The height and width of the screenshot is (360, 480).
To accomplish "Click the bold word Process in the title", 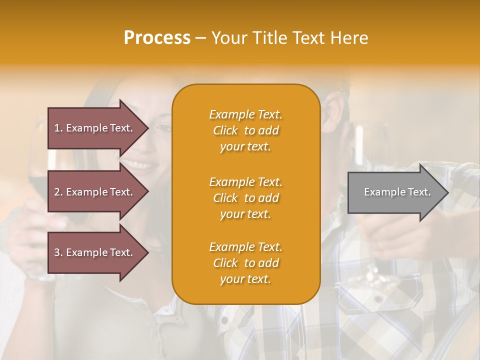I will pos(157,38).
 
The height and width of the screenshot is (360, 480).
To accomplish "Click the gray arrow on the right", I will pos(395,192).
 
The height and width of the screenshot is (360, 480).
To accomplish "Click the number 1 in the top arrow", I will pos(57,128).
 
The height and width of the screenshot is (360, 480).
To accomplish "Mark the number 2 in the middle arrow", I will pos(57,192).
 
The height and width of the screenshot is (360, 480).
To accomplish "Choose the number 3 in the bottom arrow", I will pos(57,252).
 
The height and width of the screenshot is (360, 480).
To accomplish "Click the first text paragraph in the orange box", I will pos(245,130).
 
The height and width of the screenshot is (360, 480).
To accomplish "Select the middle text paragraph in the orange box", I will pos(245,198).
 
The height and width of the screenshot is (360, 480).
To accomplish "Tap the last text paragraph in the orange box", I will pos(245,263).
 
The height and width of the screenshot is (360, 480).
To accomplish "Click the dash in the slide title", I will pos(201,38).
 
